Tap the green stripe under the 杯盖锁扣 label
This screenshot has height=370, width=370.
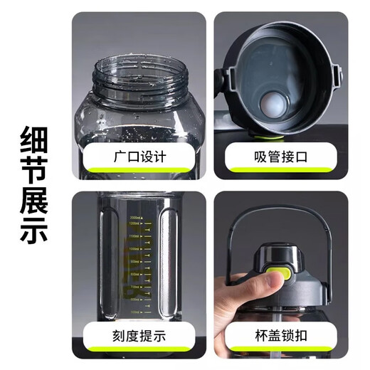[x=275, y=351]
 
